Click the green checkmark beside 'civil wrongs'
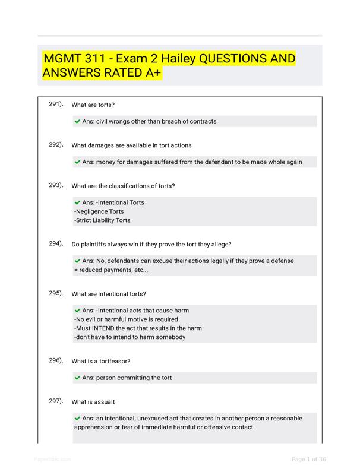click(x=77, y=121)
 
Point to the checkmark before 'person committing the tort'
click(x=77, y=378)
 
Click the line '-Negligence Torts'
click(x=99, y=211)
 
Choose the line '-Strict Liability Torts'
click(x=102, y=220)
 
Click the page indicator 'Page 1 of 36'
click(x=308, y=459)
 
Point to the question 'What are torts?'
click(x=93, y=105)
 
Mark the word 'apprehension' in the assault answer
click(x=94, y=427)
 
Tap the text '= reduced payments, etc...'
click(x=111, y=270)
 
